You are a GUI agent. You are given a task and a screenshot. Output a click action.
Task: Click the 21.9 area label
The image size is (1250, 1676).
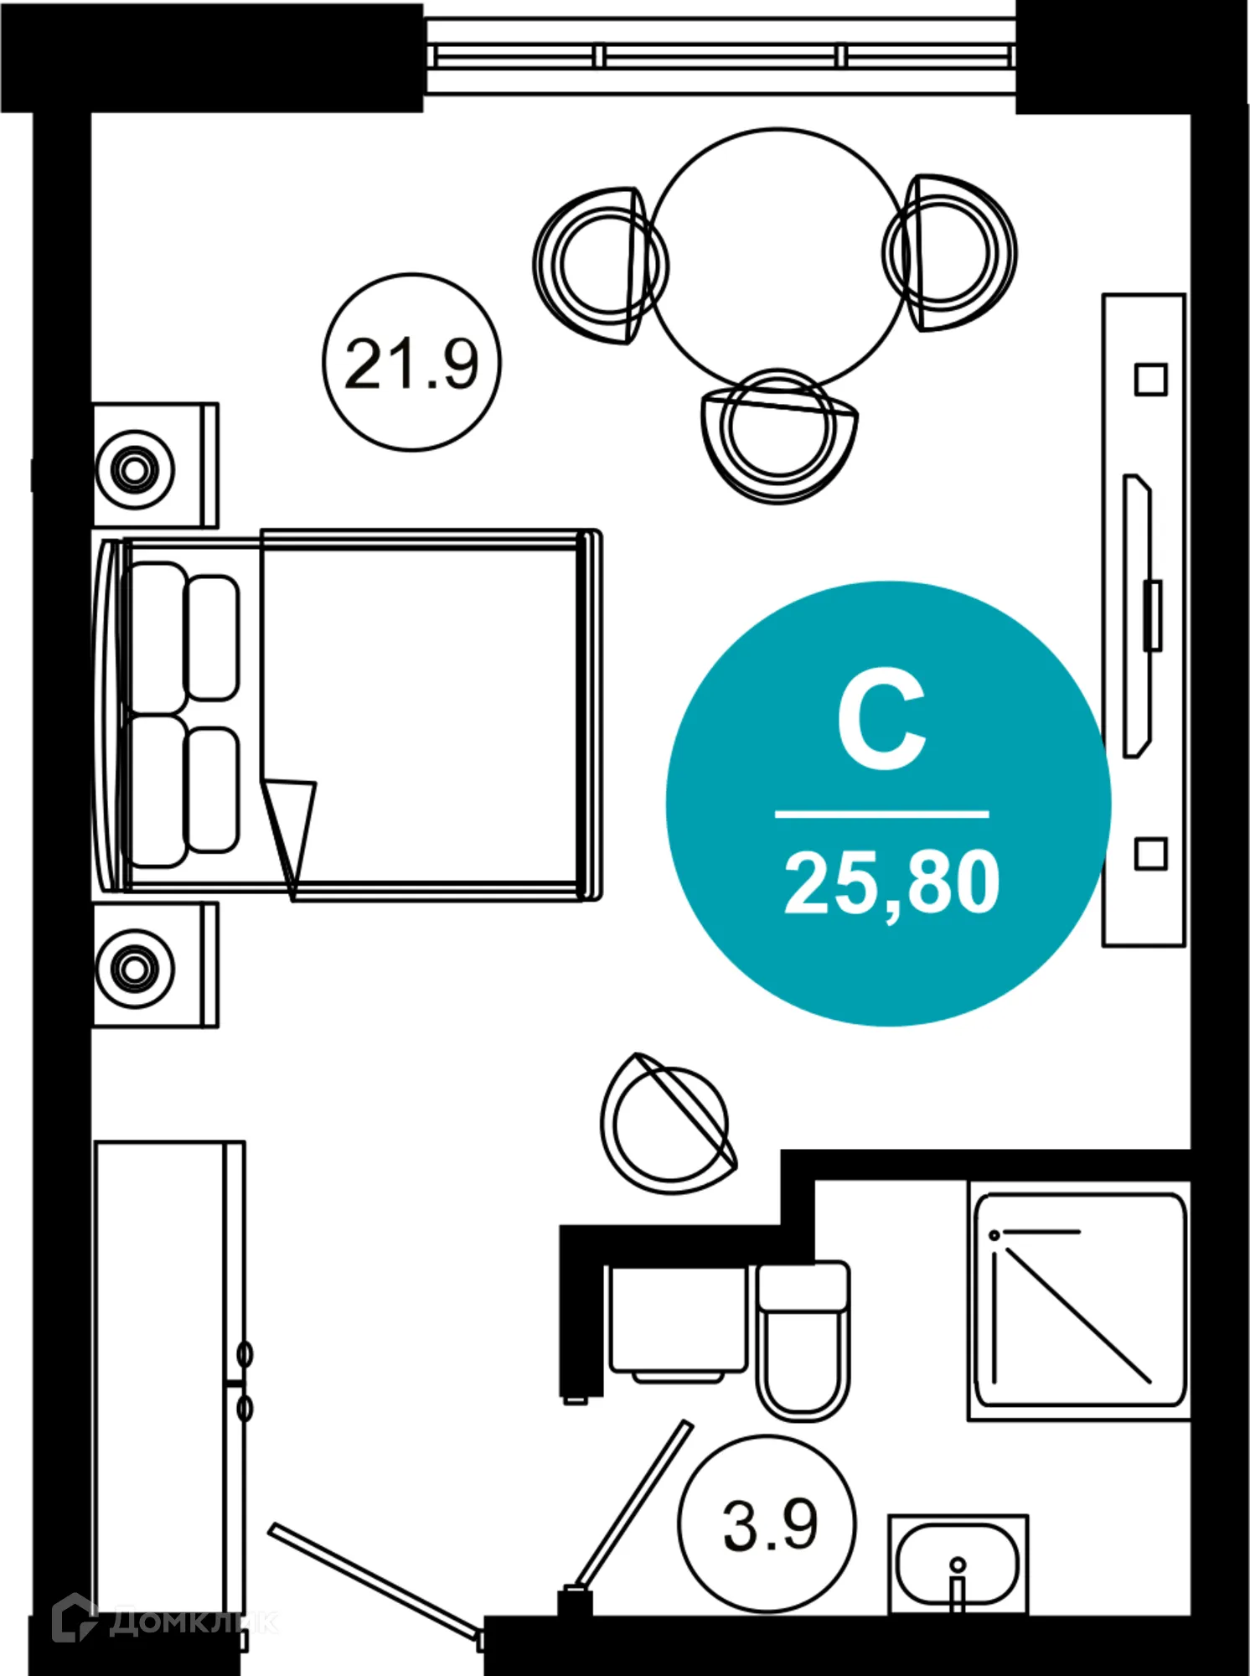(x=411, y=363)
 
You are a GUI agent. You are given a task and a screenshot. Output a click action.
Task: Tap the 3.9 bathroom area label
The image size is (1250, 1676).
(x=769, y=1525)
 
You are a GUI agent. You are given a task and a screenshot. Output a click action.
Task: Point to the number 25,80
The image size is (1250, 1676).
(x=891, y=882)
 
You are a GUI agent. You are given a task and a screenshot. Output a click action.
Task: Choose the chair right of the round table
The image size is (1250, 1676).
(x=952, y=252)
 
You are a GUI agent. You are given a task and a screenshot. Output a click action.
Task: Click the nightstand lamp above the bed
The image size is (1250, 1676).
(x=135, y=468)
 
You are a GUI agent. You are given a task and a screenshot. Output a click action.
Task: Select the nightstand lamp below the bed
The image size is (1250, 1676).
(x=135, y=968)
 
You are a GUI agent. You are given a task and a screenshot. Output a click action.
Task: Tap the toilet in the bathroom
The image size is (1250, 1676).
(x=803, y=1341)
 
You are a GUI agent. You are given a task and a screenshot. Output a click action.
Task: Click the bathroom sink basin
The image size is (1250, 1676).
(x=957, y=1564)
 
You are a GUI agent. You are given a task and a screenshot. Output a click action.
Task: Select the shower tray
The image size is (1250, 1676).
(x=1080, y=1300)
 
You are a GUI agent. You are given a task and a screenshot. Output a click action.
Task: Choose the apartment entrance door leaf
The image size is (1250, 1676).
(x=374, y=1580)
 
